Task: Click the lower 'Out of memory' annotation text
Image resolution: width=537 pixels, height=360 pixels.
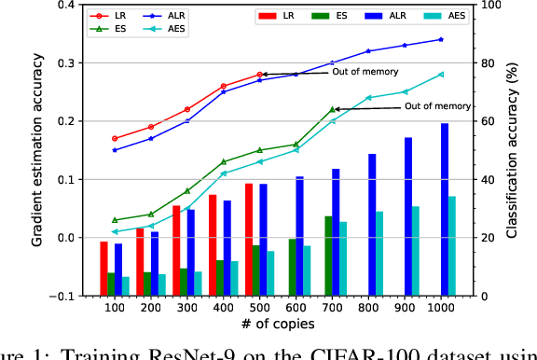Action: pos(438,106)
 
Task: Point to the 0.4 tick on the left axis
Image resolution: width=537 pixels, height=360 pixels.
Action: pos(68,6)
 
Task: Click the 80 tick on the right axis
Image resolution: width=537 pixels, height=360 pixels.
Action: pos(482,63)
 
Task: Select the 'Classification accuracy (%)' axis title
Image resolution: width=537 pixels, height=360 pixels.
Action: pos(514,149)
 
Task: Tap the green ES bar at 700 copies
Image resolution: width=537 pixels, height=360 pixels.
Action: pos(328,256)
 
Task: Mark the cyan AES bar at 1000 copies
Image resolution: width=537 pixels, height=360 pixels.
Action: pos(452,245)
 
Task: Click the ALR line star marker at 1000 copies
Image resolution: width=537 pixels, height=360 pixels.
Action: pos(440,39)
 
